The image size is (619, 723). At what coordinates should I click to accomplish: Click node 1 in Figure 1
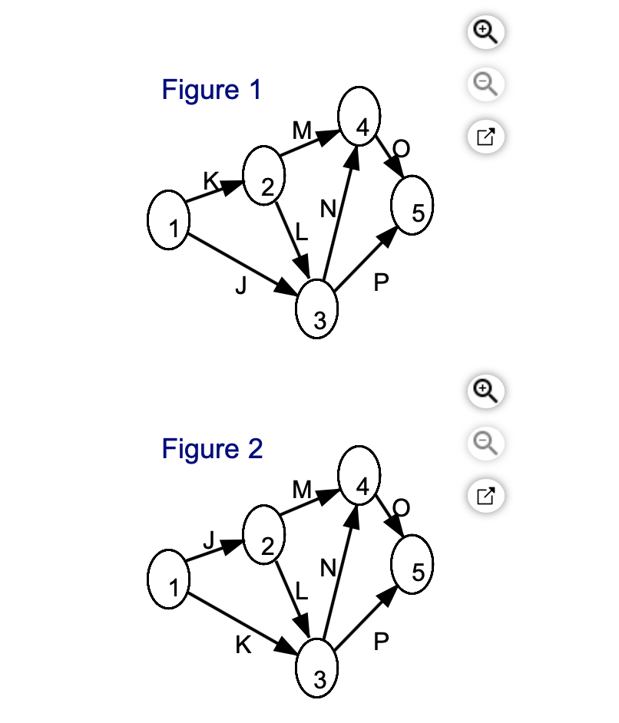[168, 220]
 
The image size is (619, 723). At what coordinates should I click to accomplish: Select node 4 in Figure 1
[359, 116]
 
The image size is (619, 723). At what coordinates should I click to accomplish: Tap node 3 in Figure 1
[316, 309]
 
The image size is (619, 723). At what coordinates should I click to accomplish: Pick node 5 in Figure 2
[412, 564]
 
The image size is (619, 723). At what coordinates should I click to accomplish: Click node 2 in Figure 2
[264, 535]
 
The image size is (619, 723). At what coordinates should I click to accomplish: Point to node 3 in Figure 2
[316, 669]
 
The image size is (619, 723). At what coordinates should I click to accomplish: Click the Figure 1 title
[212, 90]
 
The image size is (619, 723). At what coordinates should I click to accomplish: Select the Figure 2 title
[212, 449]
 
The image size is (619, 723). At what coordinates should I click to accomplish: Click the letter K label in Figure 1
[210, 180]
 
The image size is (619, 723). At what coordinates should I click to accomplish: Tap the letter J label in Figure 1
[241, 286]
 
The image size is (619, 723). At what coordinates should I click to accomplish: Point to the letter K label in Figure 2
[243, 645]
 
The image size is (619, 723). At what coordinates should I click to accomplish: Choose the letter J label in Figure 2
[210, 540]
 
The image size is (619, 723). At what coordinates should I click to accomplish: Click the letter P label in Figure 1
[381, 282]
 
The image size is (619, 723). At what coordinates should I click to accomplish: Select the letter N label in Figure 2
[328, 568]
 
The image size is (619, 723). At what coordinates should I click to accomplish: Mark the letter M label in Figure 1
[302, 130]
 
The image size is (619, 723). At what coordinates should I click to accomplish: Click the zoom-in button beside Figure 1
[485, 32]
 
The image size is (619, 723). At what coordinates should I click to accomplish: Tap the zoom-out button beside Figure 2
[485, 444]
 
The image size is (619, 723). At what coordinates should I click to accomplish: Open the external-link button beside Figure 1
[485, 137]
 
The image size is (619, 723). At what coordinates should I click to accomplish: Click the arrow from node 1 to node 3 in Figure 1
[243, 265]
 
